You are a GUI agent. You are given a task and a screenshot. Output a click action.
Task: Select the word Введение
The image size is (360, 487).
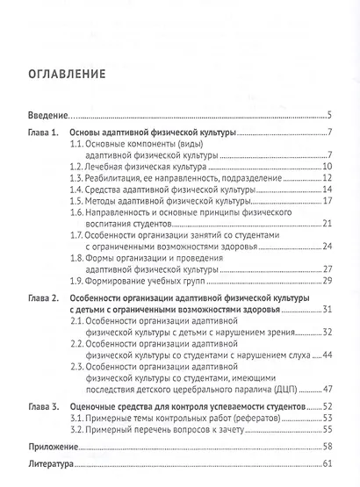click(x=47, y=115)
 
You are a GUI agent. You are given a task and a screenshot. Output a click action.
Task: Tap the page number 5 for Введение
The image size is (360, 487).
click(x=328, y=115)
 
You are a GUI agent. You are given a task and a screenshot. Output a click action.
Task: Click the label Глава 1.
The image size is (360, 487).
click(x=41, y=132)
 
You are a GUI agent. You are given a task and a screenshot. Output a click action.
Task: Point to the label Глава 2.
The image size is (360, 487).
click(x=41, y=299)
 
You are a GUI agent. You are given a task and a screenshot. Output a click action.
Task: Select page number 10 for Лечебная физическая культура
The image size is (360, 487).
click(x=325, y=165)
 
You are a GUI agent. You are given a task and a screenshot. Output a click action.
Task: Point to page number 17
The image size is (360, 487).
click(x=325, y=201)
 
